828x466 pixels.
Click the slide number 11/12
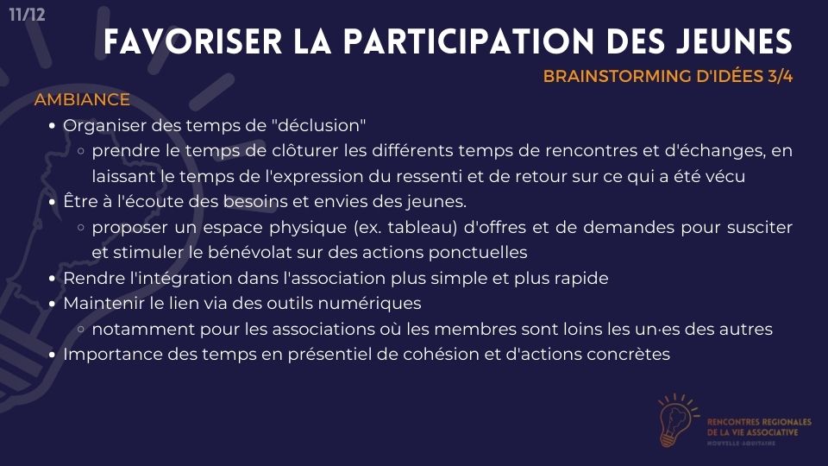click(27, 15)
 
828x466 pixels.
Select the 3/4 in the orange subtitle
click(781, 77)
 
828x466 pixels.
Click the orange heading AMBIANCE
click(82, 99)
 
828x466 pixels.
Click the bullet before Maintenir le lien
click(52, 305)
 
